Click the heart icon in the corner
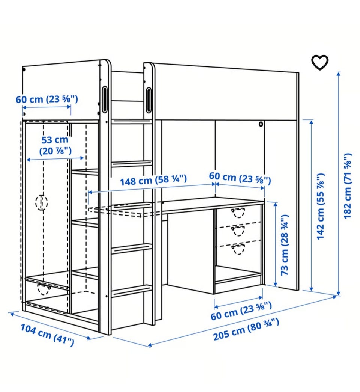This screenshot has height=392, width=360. [x=319, y=62]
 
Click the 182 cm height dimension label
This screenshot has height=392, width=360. [x=348, y=186]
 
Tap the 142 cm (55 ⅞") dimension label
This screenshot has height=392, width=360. [x=321, y=206]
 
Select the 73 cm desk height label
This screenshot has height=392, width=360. [x=285, y=245]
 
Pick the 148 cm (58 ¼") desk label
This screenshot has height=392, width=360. [x=153, y=180]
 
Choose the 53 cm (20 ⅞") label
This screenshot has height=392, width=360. [x=55, y=145]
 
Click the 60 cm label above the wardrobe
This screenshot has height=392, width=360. [x=47, y=99]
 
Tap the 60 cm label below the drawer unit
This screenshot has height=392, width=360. [x=241, y=311]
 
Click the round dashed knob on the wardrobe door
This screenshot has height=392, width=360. [x=42, y=202]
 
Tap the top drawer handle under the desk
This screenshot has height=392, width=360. [x=238, y=213]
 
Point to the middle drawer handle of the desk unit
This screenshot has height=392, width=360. [x=238, y=231]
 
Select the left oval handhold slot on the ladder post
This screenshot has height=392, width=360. [x=105, y=99]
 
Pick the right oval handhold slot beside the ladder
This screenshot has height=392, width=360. [x=149, y=100]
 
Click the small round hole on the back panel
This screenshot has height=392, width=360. [x=261, y=124]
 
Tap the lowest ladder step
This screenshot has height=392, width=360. [x=131, y=291]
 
